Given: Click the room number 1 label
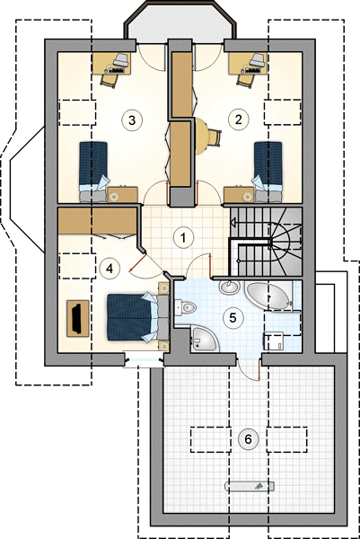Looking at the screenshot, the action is [x=183, y=238].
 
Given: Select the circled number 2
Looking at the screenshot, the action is [x=238, y=119].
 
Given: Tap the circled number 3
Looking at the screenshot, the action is [x=132, y=120].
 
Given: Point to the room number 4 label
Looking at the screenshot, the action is [x=110, y=269].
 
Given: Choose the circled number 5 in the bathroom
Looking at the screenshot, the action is [x=233, y=318].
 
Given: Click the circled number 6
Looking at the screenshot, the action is [x=248, y=439].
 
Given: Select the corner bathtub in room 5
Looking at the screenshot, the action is [x=268, y=296].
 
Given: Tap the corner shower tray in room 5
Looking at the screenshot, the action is [x=204, y=339].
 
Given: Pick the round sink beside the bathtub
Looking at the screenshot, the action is [x=229, y=287].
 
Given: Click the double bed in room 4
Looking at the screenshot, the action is [x=137, y=317].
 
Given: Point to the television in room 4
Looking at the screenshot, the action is [x=77, y=318].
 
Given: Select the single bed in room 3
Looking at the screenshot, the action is [x=93, y=172].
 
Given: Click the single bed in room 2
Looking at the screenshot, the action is [x=268, y=172].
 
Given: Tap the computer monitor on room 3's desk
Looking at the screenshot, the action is [x=121, y=60].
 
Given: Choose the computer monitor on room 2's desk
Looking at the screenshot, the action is [x=259, y=60].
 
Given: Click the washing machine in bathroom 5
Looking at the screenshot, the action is [x=274, y=341].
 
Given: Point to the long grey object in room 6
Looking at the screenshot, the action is [x=250, y=486].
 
